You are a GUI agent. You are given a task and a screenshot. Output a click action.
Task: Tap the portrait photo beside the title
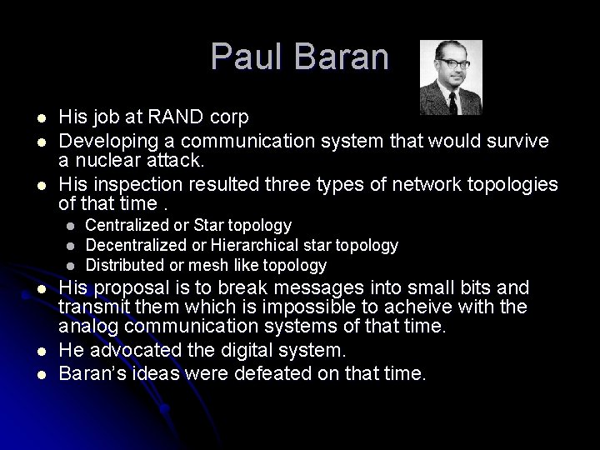click(x=450, y=77)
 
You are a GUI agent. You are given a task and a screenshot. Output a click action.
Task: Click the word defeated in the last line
click(x=266, y=374)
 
